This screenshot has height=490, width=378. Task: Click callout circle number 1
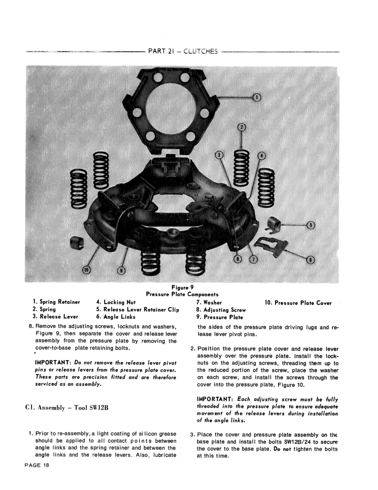point(257,98)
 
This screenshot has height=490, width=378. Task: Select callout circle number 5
point(311,225)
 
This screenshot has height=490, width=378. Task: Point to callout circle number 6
point(311,259)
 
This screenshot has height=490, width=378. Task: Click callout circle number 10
point(86,270)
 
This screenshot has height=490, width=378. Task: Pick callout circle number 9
point(120,270)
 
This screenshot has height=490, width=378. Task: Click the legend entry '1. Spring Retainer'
point(56,302)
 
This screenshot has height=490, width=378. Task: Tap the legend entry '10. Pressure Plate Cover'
point(298,303)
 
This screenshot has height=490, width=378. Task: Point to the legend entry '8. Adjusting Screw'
point(221,310)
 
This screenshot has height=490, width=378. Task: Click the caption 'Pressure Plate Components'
point(182,294)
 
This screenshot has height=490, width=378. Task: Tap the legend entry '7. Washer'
point(209,302)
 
